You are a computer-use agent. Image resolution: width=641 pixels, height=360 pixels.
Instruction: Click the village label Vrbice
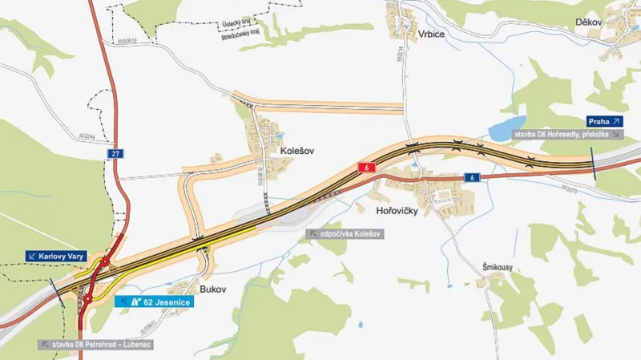coord(430,34)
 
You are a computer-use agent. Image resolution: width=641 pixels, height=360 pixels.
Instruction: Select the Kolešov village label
coord(296,149)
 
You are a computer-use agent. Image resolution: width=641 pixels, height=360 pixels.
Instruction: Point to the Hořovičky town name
coord(397,212)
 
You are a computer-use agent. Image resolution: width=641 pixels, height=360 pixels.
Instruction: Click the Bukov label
coord(211,287)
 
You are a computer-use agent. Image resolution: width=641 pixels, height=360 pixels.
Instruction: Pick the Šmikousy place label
coord(497,266)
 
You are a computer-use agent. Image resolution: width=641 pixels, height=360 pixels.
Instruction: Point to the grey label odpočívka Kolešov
coord(347,233)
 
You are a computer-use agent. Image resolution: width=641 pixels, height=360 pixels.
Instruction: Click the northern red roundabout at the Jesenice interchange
coord(103,261)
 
